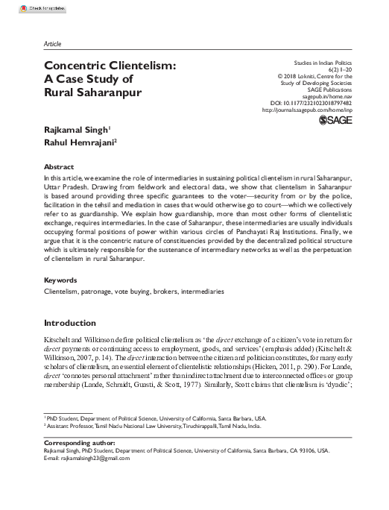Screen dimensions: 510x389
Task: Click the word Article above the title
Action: (x=53, y=43)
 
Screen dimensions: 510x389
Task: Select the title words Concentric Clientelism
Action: (x=110, y=66)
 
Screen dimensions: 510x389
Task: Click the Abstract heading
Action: (x=59, y=168)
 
